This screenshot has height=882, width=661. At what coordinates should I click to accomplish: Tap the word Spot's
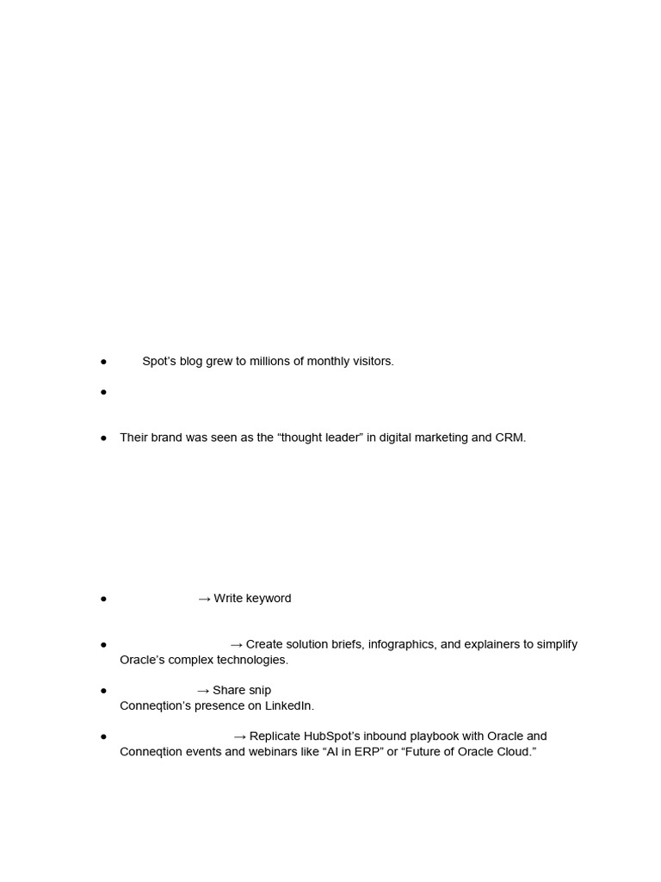(159, 361)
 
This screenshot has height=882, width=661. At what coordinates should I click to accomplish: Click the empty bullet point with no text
(103, 392)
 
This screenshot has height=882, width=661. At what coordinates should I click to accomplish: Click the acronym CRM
(510, 438)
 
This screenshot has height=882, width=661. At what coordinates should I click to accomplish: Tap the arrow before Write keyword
(204, 599)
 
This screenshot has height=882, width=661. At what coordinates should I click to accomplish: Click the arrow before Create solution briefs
(237, 644)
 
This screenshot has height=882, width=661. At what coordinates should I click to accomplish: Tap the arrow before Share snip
(203, 690)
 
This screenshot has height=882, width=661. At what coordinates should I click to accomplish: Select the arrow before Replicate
(240, 736)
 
